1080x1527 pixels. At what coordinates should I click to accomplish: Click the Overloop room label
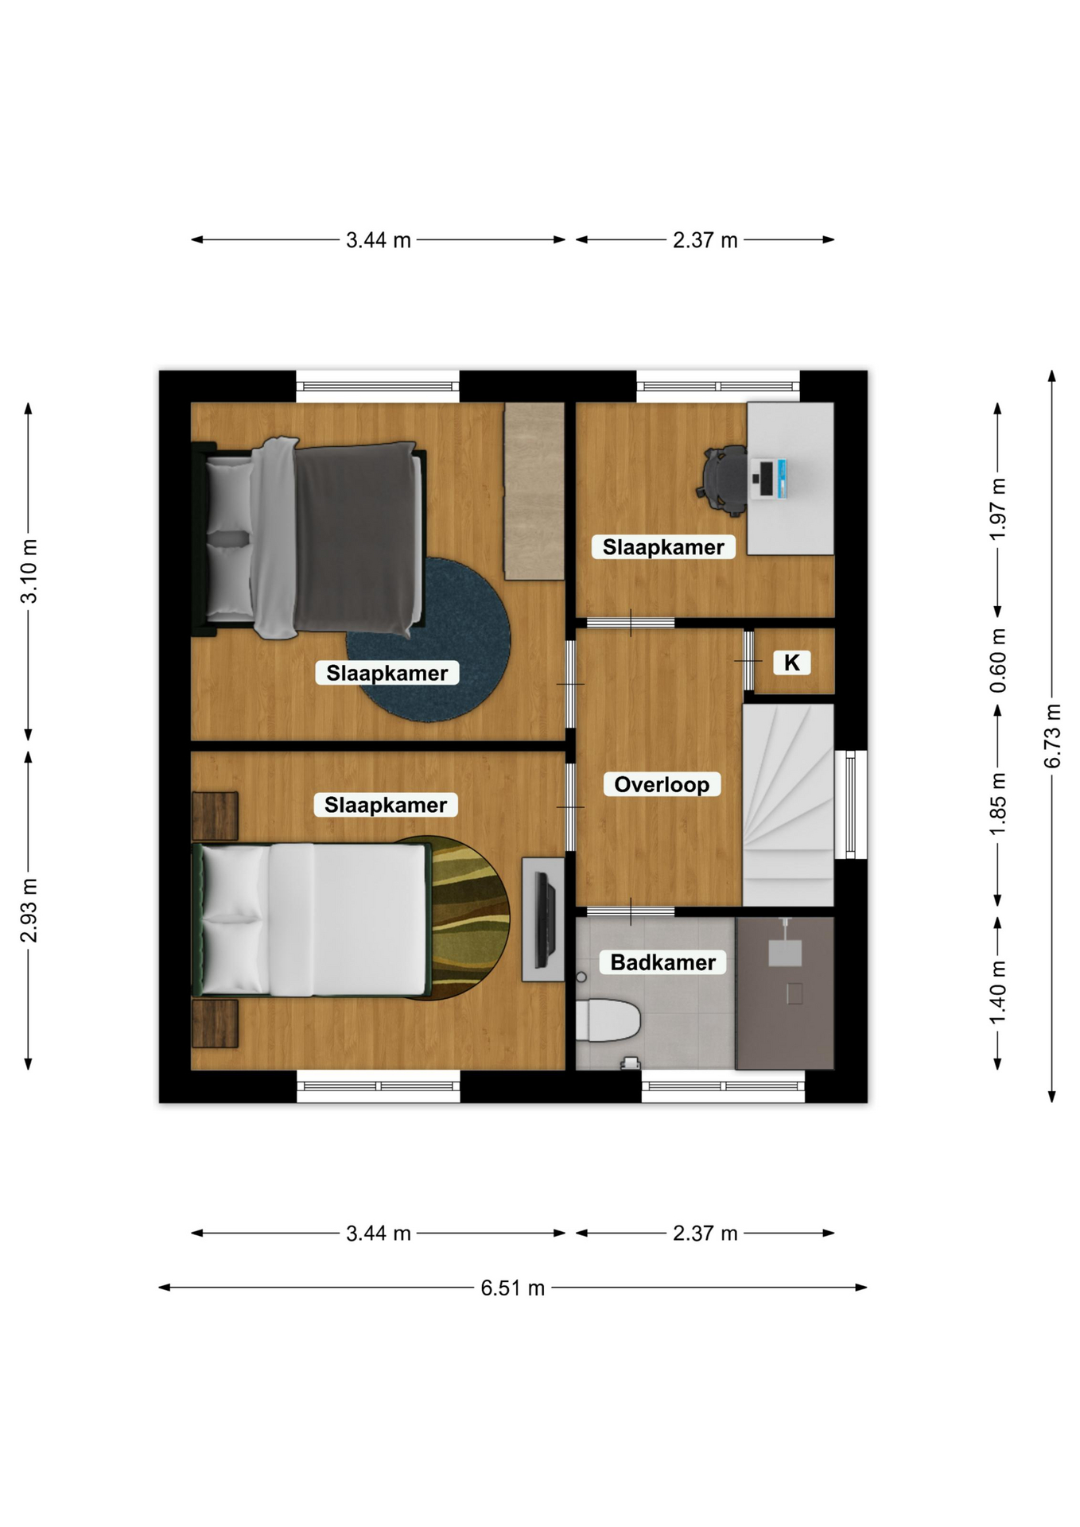662,784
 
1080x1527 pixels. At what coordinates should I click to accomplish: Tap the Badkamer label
662,962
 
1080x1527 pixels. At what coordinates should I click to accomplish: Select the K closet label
791,662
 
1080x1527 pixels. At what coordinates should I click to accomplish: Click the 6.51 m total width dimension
512,1288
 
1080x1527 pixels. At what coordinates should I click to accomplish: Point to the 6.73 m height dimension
1052,736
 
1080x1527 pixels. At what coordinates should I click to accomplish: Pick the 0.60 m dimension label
998,660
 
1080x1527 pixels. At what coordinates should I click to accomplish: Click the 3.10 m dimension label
29,571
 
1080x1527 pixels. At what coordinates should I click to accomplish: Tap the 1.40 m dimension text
998,992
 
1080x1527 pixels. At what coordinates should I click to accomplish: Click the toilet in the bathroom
607,1020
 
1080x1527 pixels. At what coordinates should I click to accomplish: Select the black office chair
723,481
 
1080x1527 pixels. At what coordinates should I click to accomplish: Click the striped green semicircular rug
469,918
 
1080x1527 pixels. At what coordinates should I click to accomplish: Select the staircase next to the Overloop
788,804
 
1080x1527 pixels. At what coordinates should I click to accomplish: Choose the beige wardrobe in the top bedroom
534,491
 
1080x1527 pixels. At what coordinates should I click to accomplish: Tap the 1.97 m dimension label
998,509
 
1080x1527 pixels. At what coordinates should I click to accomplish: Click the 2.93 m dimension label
29,910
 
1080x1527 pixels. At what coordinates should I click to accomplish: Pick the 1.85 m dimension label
998,804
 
